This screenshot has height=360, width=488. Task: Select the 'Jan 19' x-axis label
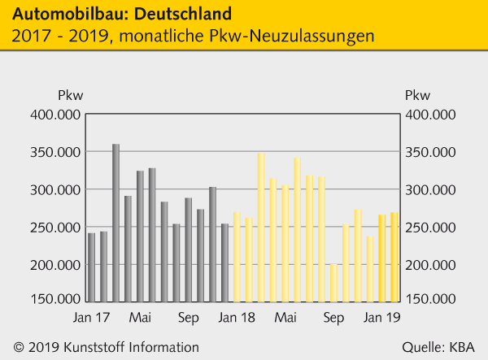(x=380, y=317)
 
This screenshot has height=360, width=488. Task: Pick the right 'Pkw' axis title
(x=418, y=94)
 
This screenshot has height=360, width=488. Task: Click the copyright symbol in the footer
(x=18, y=347)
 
